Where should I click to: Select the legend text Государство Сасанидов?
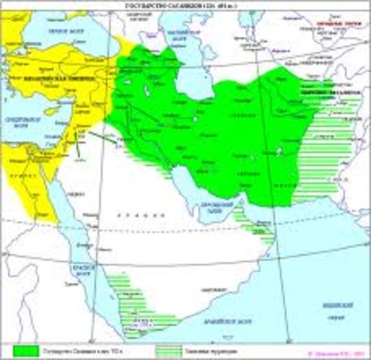(82, 349)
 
